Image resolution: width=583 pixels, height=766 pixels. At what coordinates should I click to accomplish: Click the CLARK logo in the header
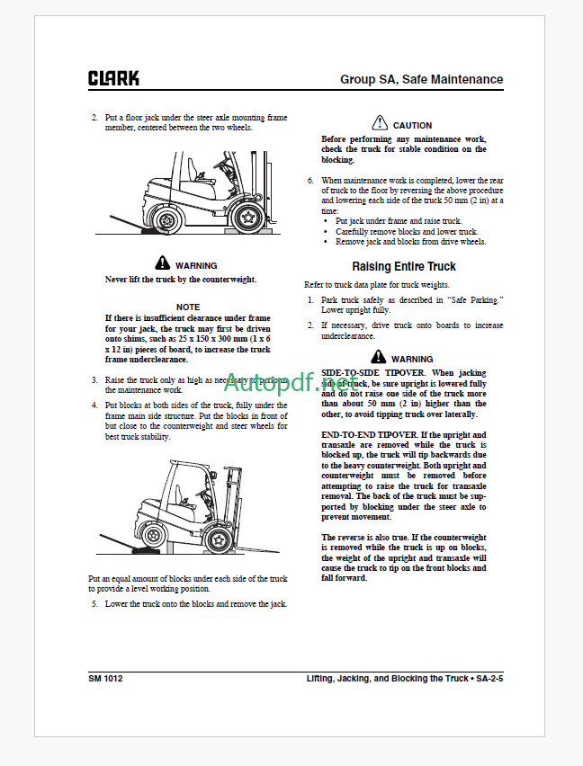click(x=113, y=78)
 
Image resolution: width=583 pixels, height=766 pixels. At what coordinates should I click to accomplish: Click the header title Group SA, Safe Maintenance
click(x=421, y=79)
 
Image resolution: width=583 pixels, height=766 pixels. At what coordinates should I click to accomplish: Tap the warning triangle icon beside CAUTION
click(x=380, y=124)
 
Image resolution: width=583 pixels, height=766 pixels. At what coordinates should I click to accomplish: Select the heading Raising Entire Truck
click(x=403, y=266)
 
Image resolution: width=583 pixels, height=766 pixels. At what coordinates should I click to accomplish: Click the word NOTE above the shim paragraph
click(x=188, y=307)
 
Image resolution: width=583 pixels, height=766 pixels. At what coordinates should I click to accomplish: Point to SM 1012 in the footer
click(x=105, y=678)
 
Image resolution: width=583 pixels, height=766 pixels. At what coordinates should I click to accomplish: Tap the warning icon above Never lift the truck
click(x=162, y=263)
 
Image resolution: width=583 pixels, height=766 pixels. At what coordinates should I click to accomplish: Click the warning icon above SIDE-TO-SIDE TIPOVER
click(x=378, y=357)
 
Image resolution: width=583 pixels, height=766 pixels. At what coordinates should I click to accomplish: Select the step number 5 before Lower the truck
click(x=94, y=604)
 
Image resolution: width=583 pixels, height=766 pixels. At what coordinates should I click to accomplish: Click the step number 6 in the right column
click(x=310, y=181)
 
